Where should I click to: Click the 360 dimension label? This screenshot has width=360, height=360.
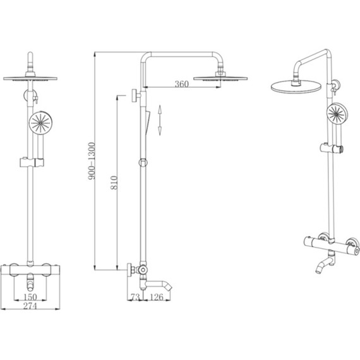click(182, 84)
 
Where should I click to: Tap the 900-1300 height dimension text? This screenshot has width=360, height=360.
click(92, 161)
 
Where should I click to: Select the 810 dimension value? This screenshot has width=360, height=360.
click(114, 183)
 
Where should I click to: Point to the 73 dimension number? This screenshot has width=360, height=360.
click(135, 297)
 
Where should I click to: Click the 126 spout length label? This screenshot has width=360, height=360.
click(157, 297)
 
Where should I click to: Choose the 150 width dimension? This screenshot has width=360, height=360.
click(30, 297)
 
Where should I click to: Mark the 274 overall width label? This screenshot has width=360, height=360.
click(30, 306)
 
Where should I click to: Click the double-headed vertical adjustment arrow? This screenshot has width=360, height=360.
click(160, 120)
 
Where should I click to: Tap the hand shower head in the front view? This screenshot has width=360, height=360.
click(40, 123)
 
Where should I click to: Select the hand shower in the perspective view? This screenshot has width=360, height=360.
click(337, 114)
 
